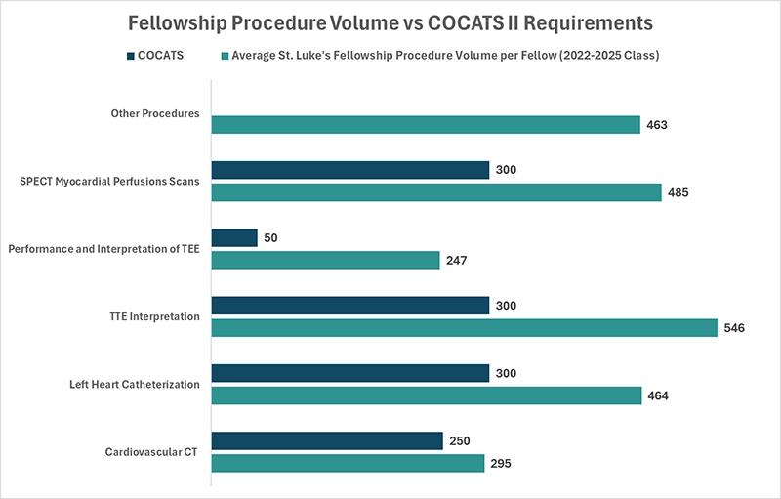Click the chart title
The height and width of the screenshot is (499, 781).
390,21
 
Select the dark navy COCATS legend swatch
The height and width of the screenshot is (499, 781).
129,55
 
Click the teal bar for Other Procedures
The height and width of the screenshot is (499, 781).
426,125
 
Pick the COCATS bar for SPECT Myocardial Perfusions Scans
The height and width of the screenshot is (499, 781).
349,170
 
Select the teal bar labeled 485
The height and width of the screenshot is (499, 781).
436,192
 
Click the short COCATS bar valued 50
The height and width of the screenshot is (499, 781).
234,237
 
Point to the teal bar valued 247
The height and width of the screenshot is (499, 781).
325,260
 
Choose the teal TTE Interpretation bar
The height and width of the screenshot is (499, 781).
464,328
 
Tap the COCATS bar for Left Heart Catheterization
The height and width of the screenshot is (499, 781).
349,373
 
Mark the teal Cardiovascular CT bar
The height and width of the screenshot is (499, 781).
348,463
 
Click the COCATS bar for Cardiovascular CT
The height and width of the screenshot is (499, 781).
327,440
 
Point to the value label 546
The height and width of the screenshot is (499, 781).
734,328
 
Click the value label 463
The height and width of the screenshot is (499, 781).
656,125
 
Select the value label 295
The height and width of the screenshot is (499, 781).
501,463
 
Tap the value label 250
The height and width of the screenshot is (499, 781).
460,440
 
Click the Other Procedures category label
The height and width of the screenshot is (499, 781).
155,113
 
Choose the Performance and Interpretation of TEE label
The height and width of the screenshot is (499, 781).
104,249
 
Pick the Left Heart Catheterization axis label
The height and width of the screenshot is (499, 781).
136,384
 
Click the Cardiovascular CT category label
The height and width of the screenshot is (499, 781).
152,452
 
